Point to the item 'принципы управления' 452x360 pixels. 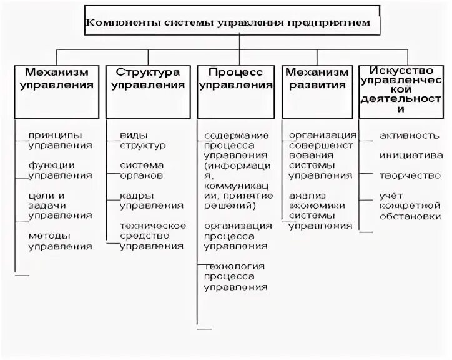click(x=60, y=139)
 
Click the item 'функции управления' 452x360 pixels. click(x=60, y=170)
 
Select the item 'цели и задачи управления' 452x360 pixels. click(x=60, y=205)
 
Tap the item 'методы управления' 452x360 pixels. click(x=60, y=241)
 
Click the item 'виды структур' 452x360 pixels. click(x=143, y=139)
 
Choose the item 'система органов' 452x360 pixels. click(x=143, y=170)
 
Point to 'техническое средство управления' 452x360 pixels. click(x=152, y=236)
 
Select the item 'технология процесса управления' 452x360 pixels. click(x=235, y=276)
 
